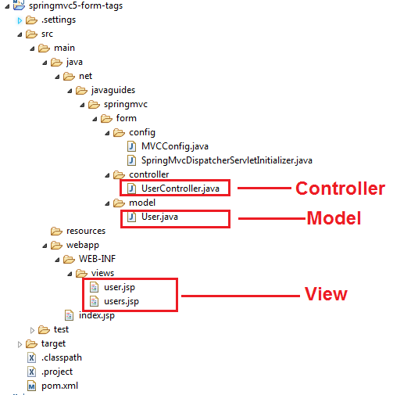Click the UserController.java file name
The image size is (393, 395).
[x=180, y=189]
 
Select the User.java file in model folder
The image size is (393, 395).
[x=159, y=217]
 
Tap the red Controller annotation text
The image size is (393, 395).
[x=340, y=189]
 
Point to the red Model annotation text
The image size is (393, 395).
[x=334, y=218]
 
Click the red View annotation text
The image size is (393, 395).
[x=326, y=294]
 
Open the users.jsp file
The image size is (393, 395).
[x=121, y=301]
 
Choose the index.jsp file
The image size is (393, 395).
[x=97, y=315]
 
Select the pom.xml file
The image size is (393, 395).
[x=59, y=386]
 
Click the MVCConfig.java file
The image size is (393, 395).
[x=175, y=146]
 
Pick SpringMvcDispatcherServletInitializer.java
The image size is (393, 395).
[x=227, y=160]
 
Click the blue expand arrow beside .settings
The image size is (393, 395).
[x=20, y=20]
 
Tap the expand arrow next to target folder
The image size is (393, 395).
[x=20, y=344]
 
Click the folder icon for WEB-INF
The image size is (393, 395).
[x=69, y=259]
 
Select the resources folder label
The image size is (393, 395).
[x=86, y=231]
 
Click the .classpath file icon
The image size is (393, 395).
[x=31, y=357]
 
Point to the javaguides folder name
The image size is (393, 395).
[x=113, y=90]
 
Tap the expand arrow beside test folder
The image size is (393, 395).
[x=32, y=330]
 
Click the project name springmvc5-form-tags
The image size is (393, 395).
[x=76, y=5]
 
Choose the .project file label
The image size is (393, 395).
[x=57, y=372]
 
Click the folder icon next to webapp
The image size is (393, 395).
[x=56, y=245]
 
